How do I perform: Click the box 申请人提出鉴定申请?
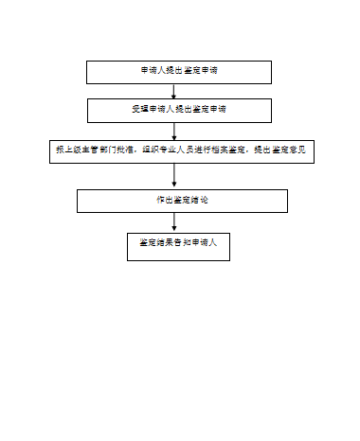coord(179,72)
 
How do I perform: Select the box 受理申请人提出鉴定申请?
coord(179,110)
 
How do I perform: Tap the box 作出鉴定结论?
coord(181,201)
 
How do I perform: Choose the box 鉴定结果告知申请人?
coord(178,244)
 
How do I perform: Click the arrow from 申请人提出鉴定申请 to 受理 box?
coord(173,91)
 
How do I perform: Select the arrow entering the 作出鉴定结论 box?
coord(173,177)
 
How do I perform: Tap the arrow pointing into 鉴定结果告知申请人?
coord(173,222)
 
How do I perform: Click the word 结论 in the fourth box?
coord(199,201)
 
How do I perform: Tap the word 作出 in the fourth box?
coord(162,201)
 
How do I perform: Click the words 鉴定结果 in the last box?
coord(153,244)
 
